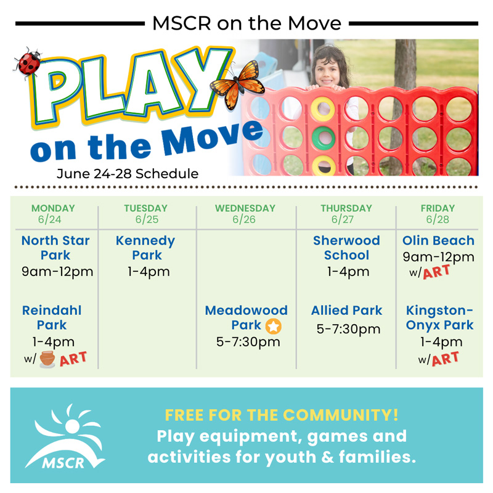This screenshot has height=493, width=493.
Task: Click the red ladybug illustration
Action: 28,62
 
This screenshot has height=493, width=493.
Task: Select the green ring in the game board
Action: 324,137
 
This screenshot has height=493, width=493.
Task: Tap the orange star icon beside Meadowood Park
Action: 273,326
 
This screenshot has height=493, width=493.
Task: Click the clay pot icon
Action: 47,359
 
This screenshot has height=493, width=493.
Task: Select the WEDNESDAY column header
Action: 245,208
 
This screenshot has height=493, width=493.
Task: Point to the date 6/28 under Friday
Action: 438,219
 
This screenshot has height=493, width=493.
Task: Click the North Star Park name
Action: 55,248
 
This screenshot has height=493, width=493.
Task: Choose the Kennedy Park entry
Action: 146,248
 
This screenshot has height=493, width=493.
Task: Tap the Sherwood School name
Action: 346,248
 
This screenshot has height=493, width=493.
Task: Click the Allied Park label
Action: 346,311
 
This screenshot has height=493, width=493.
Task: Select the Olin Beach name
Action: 438,240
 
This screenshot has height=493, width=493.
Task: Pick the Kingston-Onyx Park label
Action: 439,318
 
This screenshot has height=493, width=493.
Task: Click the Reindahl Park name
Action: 52,317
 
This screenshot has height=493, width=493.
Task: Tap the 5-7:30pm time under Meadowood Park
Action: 248,342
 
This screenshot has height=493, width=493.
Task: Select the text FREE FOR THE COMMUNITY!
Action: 282,415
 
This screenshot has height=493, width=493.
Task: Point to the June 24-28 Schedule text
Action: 128,174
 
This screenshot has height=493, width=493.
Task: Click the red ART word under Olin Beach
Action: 436,272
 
